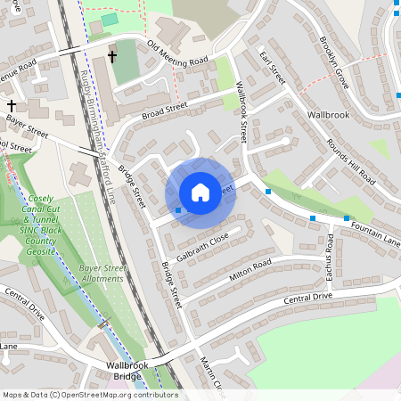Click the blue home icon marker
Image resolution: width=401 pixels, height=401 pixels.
[200, 192]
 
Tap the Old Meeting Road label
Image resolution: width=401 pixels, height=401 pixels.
[177, 53]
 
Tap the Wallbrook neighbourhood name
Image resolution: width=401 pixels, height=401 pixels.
[331, 115]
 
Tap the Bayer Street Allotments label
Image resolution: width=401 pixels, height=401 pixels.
[99, 273]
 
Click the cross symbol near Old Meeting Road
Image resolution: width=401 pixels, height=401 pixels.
[112, 57]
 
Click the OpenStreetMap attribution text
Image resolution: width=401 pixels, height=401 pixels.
[89, 395]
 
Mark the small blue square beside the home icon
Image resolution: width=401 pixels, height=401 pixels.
[178, 210]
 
